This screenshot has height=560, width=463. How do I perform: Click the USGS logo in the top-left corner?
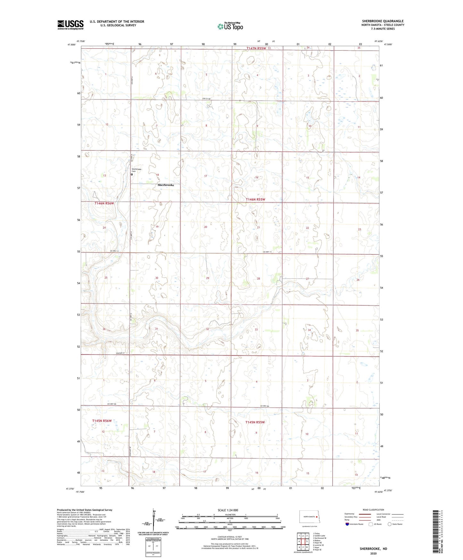point(70,25)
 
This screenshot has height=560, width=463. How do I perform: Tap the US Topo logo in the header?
point(230,26)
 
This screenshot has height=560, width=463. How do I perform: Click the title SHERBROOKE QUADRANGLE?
point(383,21)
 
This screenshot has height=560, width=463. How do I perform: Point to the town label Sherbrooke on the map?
point(166,185)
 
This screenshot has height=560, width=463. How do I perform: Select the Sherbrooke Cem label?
point(136,170)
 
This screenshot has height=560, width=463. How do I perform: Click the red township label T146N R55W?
point(255,199)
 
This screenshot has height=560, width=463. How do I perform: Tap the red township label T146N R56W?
point(104,203)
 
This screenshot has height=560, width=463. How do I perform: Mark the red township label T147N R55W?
point(256,48)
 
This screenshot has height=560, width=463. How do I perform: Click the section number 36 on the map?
point(104,329)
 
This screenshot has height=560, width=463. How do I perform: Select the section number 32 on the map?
point(207,329)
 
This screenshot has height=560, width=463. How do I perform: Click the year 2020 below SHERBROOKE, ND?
point(373,553)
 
